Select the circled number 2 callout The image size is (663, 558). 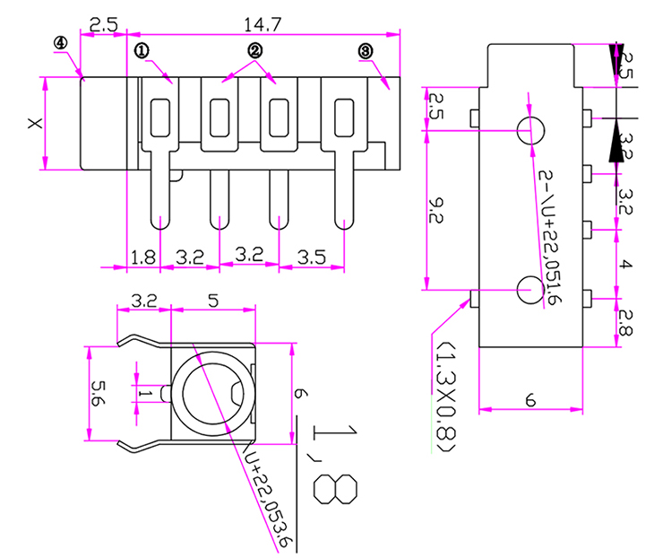pos(254,51)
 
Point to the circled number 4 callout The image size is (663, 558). pos(60,43)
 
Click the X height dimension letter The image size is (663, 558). pos(34,123)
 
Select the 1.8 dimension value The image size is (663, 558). pos(143,257)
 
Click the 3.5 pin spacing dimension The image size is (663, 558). pos(311,257)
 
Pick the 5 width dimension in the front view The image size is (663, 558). pos(212,301)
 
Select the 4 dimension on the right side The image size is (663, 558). pos(626,265)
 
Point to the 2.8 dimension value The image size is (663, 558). pos(626,319)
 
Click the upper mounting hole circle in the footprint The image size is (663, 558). pos(530,129)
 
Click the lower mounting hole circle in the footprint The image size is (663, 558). pos(530,289)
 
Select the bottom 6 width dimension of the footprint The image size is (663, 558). pos(530,401)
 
